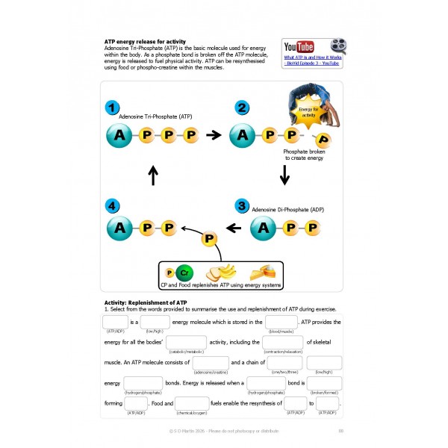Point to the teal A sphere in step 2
pos(243,135)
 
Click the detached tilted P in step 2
pos(323,139)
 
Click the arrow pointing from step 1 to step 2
pos(214,135)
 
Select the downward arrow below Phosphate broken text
pos(284,175)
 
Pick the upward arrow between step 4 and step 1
pos(154,175)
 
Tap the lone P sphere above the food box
pos(211,240)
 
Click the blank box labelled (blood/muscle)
pos(281,323)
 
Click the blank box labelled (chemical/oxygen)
pos(192,404)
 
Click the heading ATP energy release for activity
pos(146,41)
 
